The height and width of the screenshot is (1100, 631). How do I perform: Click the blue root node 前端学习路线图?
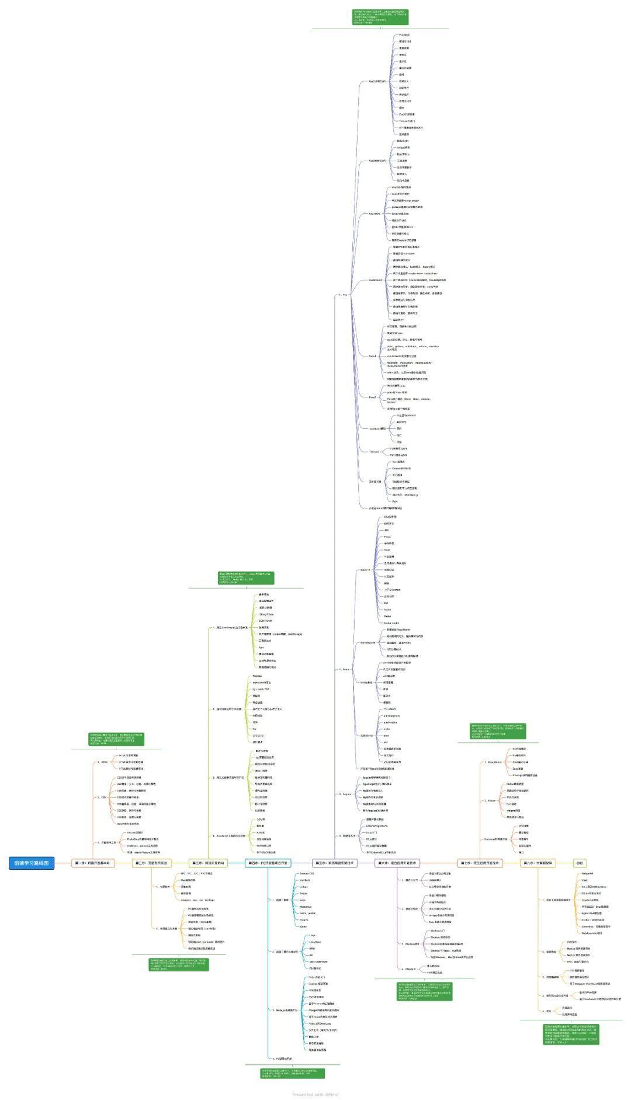[32, 863]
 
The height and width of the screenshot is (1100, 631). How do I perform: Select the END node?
[579, 863]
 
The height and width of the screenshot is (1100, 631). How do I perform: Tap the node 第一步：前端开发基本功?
[93, 863]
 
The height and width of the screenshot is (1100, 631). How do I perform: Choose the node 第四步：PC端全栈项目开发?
[268, 863]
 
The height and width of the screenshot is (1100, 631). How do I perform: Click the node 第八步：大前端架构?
[537, 863]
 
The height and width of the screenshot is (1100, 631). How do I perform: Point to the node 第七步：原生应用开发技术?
[479, 863]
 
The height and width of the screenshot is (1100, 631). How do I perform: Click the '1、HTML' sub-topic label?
[103, 762]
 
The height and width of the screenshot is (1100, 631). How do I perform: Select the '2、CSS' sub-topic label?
[102, 797]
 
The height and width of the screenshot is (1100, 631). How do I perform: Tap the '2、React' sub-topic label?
[344, 669]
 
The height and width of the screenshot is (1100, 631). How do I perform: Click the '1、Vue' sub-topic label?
[343, 295]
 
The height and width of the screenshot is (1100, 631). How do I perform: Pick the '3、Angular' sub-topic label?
[345, 794]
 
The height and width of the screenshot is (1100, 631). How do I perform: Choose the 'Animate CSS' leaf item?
[307, 873]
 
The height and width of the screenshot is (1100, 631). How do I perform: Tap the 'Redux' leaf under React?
[387, 616]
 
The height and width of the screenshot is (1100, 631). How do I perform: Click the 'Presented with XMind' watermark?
[315, 1094]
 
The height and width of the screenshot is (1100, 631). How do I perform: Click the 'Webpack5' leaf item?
[587, 873]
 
